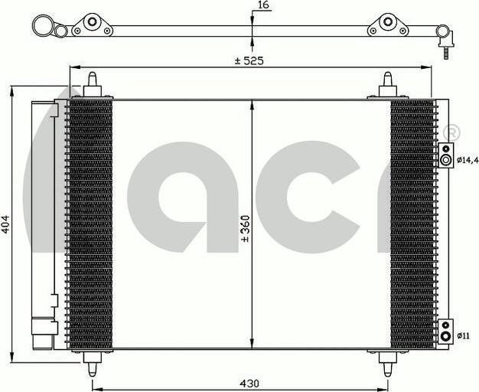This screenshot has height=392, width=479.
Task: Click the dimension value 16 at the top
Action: click(x=263, y=5)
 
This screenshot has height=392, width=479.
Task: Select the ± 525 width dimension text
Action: click(x=249, y=60)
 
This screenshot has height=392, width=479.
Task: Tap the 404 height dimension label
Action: click(x=5, y=224)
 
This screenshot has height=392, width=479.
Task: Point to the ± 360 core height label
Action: click(x=246, y=229)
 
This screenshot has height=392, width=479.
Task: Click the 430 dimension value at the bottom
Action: click(x=249, y=384)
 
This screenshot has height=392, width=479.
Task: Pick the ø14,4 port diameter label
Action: click(x=468, y=159)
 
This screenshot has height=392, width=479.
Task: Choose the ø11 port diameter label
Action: click(x=464, y=336)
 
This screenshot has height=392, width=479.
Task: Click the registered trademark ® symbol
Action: click(x=451, y=132)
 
